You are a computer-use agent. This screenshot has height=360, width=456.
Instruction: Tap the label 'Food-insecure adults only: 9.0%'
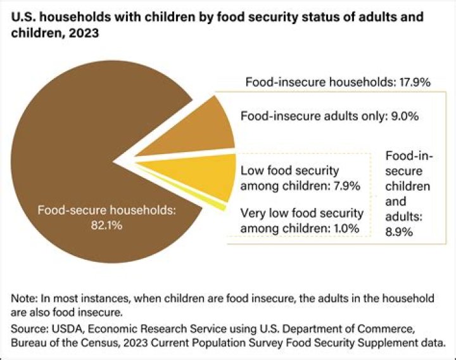[330, 117]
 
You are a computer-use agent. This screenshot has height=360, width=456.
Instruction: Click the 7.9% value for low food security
[345, 186]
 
